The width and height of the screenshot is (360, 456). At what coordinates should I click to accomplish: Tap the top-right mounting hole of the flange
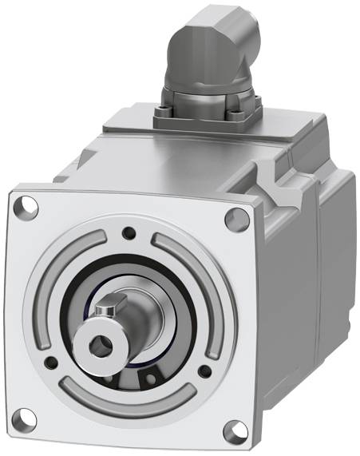[235, 217]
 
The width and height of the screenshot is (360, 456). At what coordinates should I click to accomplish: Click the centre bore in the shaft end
[98, 346]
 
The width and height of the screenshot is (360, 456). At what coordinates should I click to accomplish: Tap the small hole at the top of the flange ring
[128, 233]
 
